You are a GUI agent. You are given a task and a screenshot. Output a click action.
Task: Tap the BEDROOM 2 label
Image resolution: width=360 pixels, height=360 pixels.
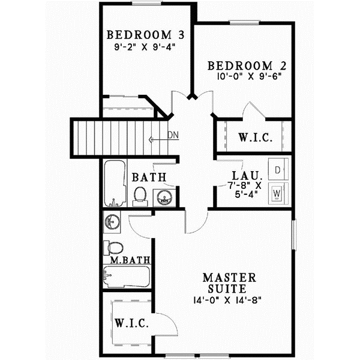[x=243, y=65]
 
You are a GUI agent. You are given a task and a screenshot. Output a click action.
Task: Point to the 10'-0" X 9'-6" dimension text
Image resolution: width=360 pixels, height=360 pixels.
[x=245, y=76]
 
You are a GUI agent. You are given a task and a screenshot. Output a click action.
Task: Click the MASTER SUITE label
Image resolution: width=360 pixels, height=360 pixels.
[x=230, y=284]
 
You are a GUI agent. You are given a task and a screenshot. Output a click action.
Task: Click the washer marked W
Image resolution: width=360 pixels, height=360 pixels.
[x=277, y=194]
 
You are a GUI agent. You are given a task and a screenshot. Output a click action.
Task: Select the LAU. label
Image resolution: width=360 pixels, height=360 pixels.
[x=244, y=176]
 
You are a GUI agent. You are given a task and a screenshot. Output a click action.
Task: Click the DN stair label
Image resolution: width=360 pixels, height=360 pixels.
[x=173, y=135]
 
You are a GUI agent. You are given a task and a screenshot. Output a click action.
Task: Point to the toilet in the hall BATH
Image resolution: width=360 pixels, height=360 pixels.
[x=139, y=196]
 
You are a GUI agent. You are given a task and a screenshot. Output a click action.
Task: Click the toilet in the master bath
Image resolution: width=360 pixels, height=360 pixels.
[x=113, y=247]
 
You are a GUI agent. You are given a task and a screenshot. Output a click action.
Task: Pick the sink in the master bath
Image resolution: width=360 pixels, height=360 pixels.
[x=112, y=222]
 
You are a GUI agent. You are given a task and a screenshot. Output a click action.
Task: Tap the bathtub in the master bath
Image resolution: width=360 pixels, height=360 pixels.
[x=125, y=277]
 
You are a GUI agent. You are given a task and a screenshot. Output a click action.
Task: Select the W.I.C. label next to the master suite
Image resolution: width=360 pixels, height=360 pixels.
[x=131, y=323]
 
